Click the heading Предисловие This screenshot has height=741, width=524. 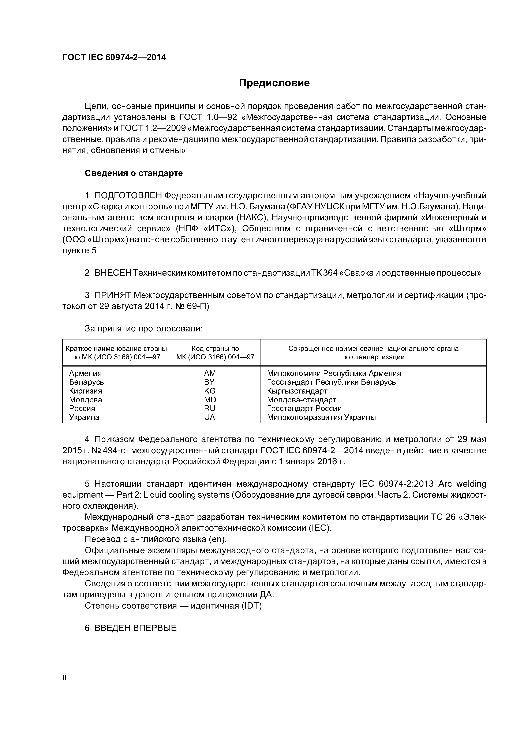[274, 83]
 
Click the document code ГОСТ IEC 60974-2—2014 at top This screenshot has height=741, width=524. [114, 57]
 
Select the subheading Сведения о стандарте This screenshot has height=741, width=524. [134, 173]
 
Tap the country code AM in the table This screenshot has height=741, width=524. [210, 373]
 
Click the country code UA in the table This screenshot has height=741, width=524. [210, 418]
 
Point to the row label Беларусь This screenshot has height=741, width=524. [87, 382]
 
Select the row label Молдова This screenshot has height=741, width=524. [86, 400]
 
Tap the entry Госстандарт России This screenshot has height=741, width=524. [304, 409]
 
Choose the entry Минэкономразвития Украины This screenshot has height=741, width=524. [321, 418]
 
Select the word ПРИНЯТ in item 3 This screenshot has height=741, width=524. [113, 295]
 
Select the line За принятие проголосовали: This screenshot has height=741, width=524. [144, 329]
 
